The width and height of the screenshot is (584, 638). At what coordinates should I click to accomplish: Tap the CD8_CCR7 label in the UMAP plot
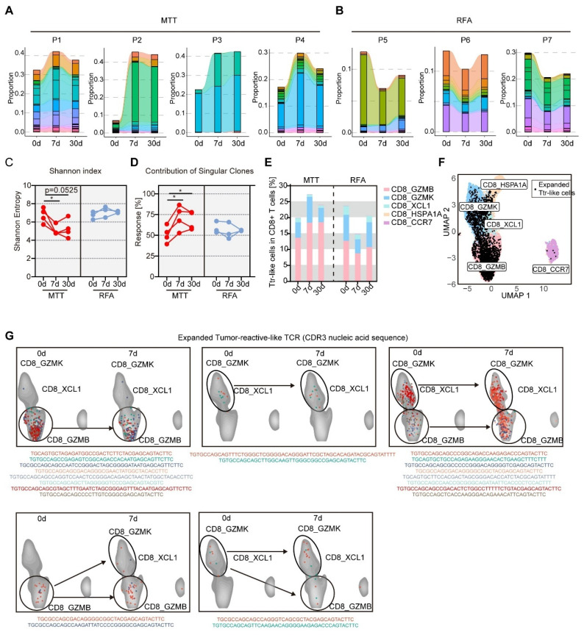[546, 270]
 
